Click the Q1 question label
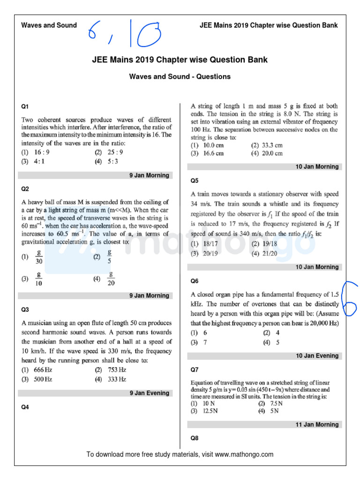click(25, 107)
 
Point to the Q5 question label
click(195, 180)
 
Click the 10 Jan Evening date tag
click(317, 356)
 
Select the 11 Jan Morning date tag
click(317, 425)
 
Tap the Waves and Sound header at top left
click(49, 25)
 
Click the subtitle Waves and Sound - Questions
click(180, 76)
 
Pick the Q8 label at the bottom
click(195, 438)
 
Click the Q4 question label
click(25, 407)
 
